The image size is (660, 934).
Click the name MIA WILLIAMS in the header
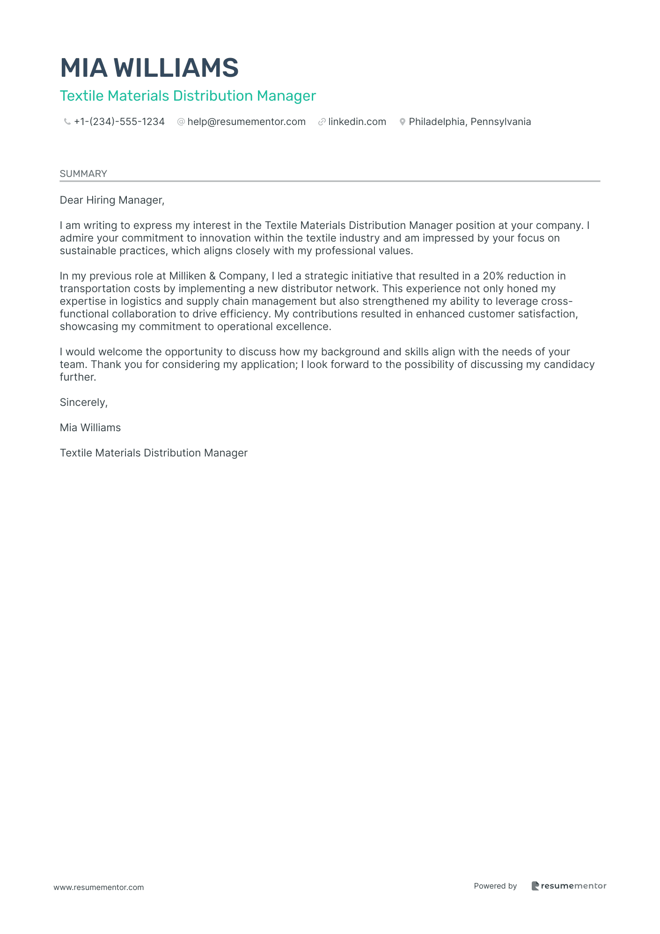tap(149, 68)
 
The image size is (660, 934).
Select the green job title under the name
tap(188, 96)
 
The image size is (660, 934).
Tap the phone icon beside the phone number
tap(67, 122)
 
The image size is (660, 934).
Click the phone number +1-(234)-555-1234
tap(119, 122)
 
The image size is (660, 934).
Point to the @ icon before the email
tap(181, 122)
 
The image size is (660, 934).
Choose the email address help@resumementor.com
tap(246, 122)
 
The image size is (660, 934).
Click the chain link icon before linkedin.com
tap(322, 122)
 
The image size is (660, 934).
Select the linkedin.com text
tap(357, 122)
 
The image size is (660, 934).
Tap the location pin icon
tap(402, 122)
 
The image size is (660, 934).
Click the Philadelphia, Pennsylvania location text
tap(470, 122)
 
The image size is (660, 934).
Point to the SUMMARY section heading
tap(83, 174)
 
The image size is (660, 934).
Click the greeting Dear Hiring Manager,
tap(112, 200)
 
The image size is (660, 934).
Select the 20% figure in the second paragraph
tap(493, 276)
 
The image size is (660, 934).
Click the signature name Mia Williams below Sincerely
tap(90, 428)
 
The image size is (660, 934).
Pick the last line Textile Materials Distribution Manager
tap(154, 453)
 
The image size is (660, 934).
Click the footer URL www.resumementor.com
tap(99, 887)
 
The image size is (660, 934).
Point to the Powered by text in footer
tap(495, 886)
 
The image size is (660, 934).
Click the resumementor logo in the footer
tap(569, 886)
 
